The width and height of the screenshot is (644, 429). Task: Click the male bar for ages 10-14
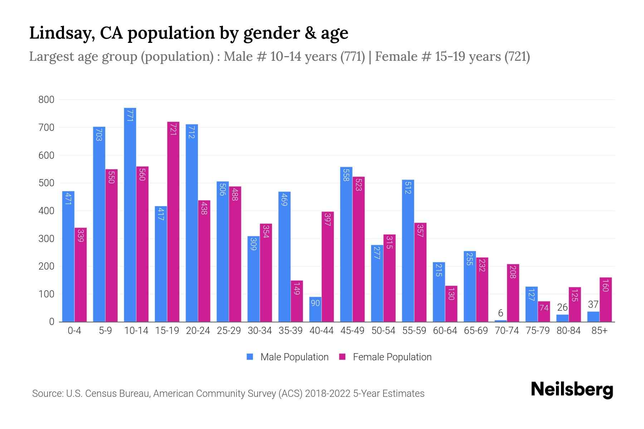[x=130, y=214]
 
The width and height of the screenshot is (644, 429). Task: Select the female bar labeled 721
[x=173, y=222]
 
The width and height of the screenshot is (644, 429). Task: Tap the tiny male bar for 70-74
[x=501, y=321]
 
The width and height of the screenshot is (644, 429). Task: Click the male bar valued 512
[x=408, y=250]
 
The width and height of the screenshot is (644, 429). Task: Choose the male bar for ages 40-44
[x=315, y=309]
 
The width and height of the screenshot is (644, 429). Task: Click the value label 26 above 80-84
[x=562, y=307]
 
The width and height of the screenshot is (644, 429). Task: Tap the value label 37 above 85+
[x=593, y=305]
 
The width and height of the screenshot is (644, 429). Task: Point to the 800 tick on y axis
[x=47, y=100]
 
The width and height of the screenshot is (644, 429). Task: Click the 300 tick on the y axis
[x=47, y=238]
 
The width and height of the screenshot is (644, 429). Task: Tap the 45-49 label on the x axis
[x=352, y=331]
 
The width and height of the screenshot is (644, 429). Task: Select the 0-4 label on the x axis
[x=74, y=331]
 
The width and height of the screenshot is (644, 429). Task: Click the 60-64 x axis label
[x=445, y=331]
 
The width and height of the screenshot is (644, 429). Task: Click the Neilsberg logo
[x=572, y=389]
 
